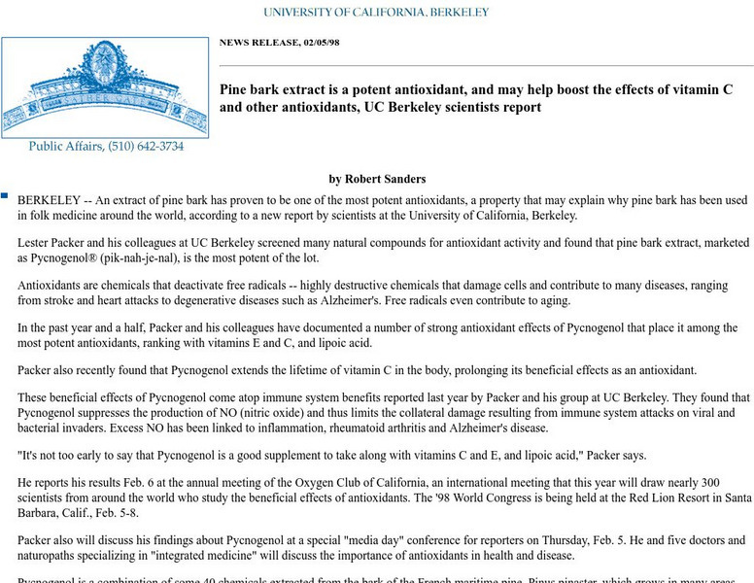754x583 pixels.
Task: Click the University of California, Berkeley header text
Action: [x=376, y=13]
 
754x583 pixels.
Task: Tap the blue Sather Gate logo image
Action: [x=104, y=86]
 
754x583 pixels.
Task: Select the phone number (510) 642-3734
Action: [x=146, y=147]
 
